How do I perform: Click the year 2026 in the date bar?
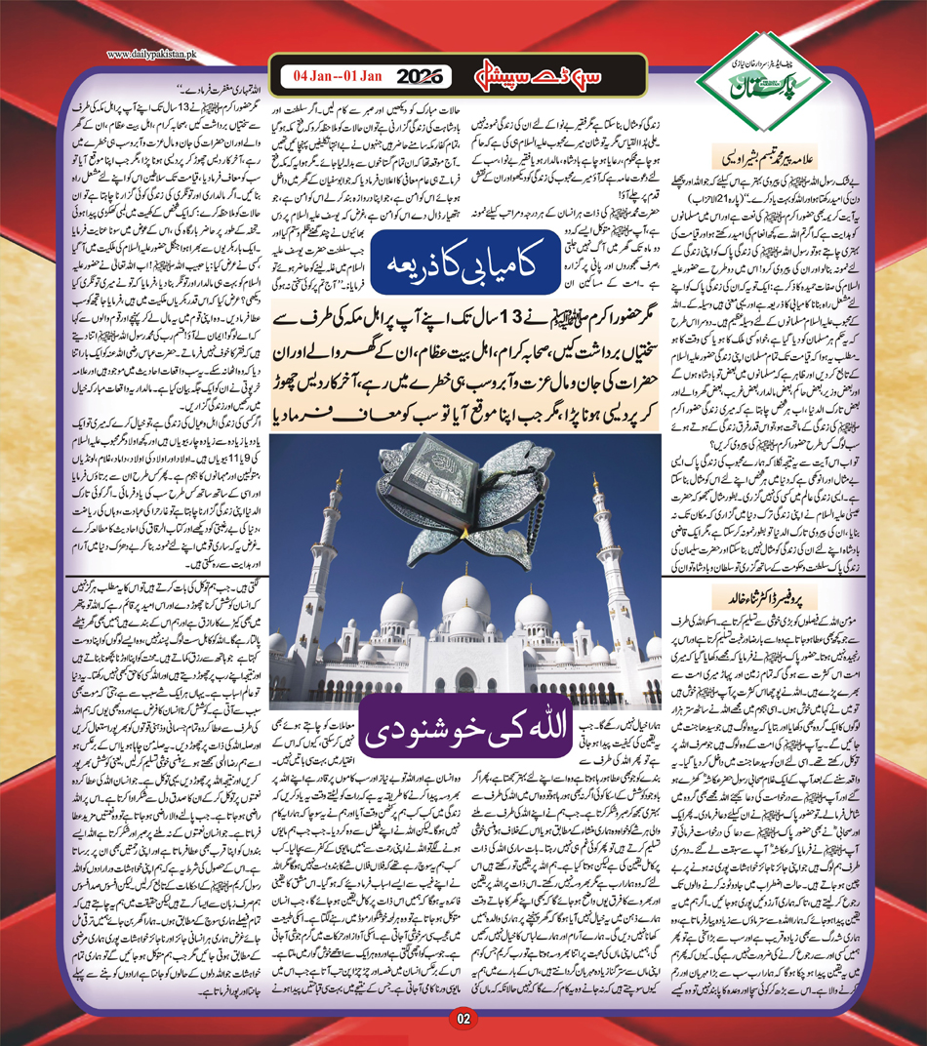pyautogui.click(x=424, y=74)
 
